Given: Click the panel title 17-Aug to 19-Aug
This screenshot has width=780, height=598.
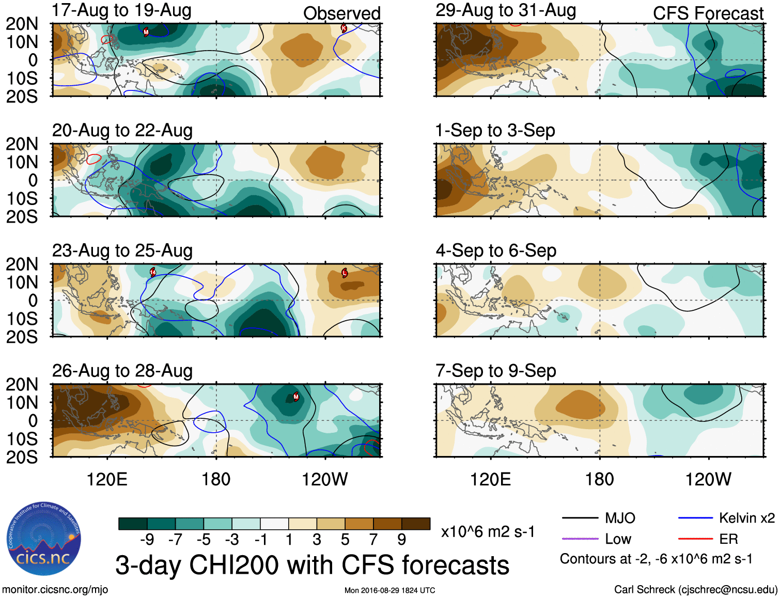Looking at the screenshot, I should click(122, 10).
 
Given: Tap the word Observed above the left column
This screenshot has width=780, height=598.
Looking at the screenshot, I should click(341, 13).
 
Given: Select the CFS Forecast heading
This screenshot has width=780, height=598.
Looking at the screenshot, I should click(708, 13).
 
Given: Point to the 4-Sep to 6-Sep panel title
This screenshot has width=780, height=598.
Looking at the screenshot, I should click(496, 251).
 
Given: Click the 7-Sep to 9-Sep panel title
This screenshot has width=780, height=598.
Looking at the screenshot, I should click(496, 371).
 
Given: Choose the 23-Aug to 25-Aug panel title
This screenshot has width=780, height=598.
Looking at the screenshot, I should click(122, 251).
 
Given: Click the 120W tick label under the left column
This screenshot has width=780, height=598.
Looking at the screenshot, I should click(324, 479).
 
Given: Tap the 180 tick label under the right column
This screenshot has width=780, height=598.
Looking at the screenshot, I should click(599, 479).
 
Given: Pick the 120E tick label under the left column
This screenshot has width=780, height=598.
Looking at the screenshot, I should click(107, 479).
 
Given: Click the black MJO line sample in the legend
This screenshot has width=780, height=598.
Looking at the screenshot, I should click(580, 518).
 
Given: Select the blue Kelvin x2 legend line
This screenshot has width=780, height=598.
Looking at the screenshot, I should click(695, 518).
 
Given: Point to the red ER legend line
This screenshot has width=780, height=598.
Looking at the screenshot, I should click(695, 539).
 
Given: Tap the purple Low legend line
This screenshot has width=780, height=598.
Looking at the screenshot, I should click(580, 539).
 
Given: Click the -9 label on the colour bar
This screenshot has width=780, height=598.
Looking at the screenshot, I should click(147, 540).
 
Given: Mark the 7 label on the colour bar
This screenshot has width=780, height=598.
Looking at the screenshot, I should click(373, 540).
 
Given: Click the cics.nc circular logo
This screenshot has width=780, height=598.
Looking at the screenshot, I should click(43, 539).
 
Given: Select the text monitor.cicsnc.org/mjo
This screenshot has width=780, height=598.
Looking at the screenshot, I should click(55, 590).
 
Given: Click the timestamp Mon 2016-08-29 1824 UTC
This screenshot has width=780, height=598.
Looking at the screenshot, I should click(389, 590).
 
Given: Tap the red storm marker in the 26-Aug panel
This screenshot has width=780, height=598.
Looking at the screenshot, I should click(296, 397).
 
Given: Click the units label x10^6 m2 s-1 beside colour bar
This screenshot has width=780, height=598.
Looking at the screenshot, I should click(488, 532).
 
